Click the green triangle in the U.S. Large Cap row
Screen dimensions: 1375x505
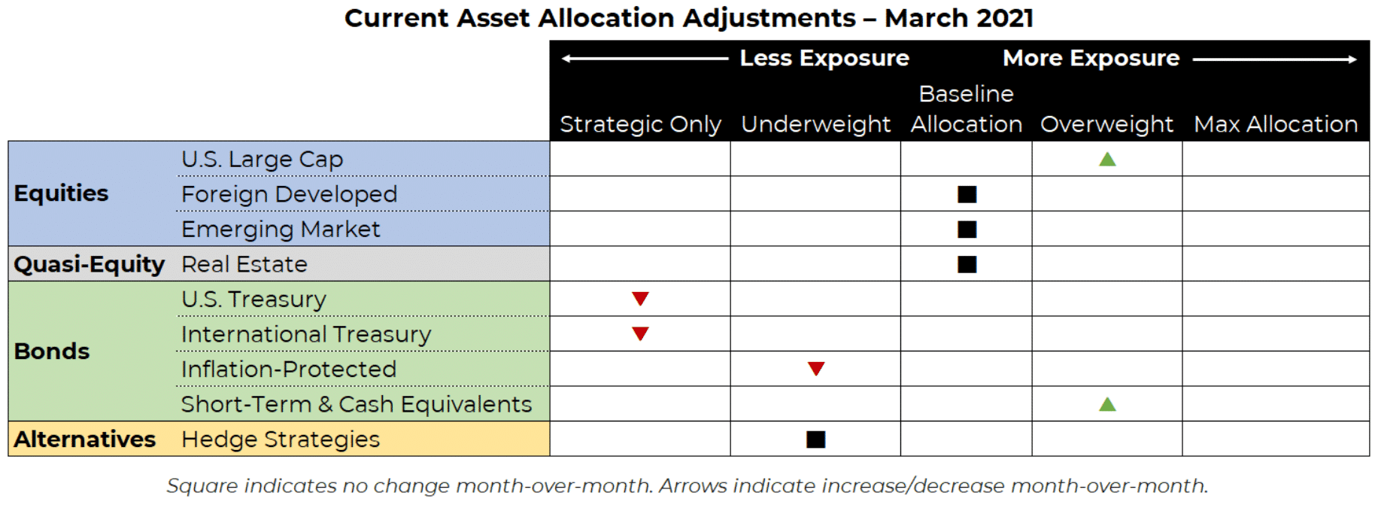[1107, 159]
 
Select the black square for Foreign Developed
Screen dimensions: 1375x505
[967, 195]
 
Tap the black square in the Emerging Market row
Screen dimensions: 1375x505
[967, 230]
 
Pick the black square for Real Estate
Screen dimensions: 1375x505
[967, 264]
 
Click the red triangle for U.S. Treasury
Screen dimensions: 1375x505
[640, 299]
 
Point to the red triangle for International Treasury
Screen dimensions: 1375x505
[640, 333]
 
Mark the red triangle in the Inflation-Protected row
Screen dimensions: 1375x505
[816, 369]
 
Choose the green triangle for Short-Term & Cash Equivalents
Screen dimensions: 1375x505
[1107, 404]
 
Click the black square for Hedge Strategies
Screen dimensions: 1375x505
[816, 440]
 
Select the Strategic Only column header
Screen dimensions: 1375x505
[640, 124]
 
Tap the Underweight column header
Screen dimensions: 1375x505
[816, 124]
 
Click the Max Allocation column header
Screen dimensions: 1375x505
[1276, 124]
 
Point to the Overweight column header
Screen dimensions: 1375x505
[1106, 124]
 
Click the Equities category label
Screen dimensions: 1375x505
[61, 193]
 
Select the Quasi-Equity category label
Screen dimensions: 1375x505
[89, 264]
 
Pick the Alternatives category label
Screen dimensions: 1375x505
[85, 440]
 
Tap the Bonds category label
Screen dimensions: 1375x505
[52, 351]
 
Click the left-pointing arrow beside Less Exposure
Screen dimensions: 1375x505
[645, 59]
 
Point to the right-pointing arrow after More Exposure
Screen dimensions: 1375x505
[1275, 59]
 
